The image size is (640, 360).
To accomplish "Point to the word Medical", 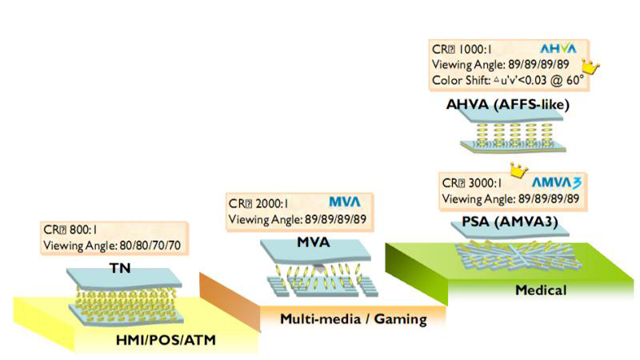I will pos(543,290).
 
